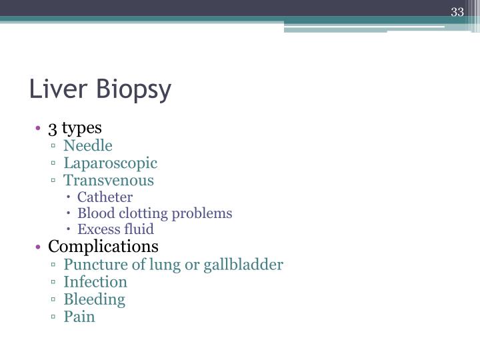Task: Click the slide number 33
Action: (x=457, y=13)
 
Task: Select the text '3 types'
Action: (x=75, y=127)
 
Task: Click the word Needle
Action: (x=88, y=145)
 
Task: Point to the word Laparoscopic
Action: (x=111, y=163)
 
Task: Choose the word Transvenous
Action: (x=109, y=180)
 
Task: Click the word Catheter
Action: (x=105, y=197)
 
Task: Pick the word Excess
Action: (x=96, y=229)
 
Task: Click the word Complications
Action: (x=103, y=247)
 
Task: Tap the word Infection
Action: (x=95, y=282)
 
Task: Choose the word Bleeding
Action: (x=95, y=299)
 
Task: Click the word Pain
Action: (x=79, y=317)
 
